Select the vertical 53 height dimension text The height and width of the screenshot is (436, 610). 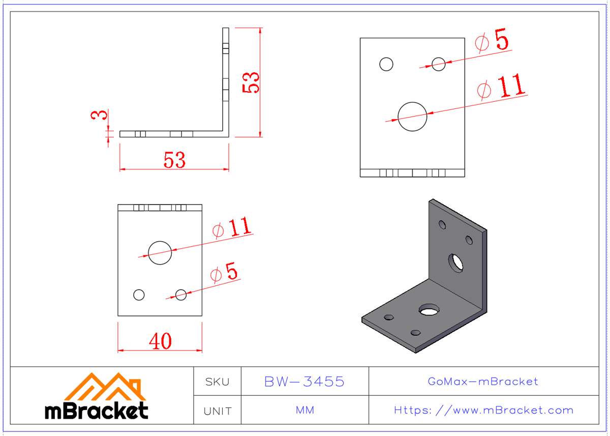(251, 82)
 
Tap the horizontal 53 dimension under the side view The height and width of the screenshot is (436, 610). (174, 160)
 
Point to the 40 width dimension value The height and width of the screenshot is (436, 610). (160, 341)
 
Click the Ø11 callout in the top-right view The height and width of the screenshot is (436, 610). (501, 88)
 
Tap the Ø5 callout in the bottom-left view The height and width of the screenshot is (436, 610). (224, 274)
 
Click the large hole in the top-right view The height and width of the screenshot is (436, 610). (412, 117)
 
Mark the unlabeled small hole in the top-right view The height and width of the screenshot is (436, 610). (386, 64)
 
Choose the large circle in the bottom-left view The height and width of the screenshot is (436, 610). (160, 253)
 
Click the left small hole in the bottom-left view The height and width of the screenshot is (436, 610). (139, 295)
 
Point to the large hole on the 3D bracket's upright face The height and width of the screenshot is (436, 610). (456, 263)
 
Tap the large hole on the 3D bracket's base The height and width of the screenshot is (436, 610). (430, 309)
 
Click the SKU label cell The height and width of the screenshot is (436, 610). (217, 382)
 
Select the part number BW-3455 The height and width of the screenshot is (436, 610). (304, 382)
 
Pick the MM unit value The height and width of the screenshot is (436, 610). (304, 410)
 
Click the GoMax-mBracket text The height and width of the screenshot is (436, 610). (483, 382)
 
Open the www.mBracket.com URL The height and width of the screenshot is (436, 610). (483, 410)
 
